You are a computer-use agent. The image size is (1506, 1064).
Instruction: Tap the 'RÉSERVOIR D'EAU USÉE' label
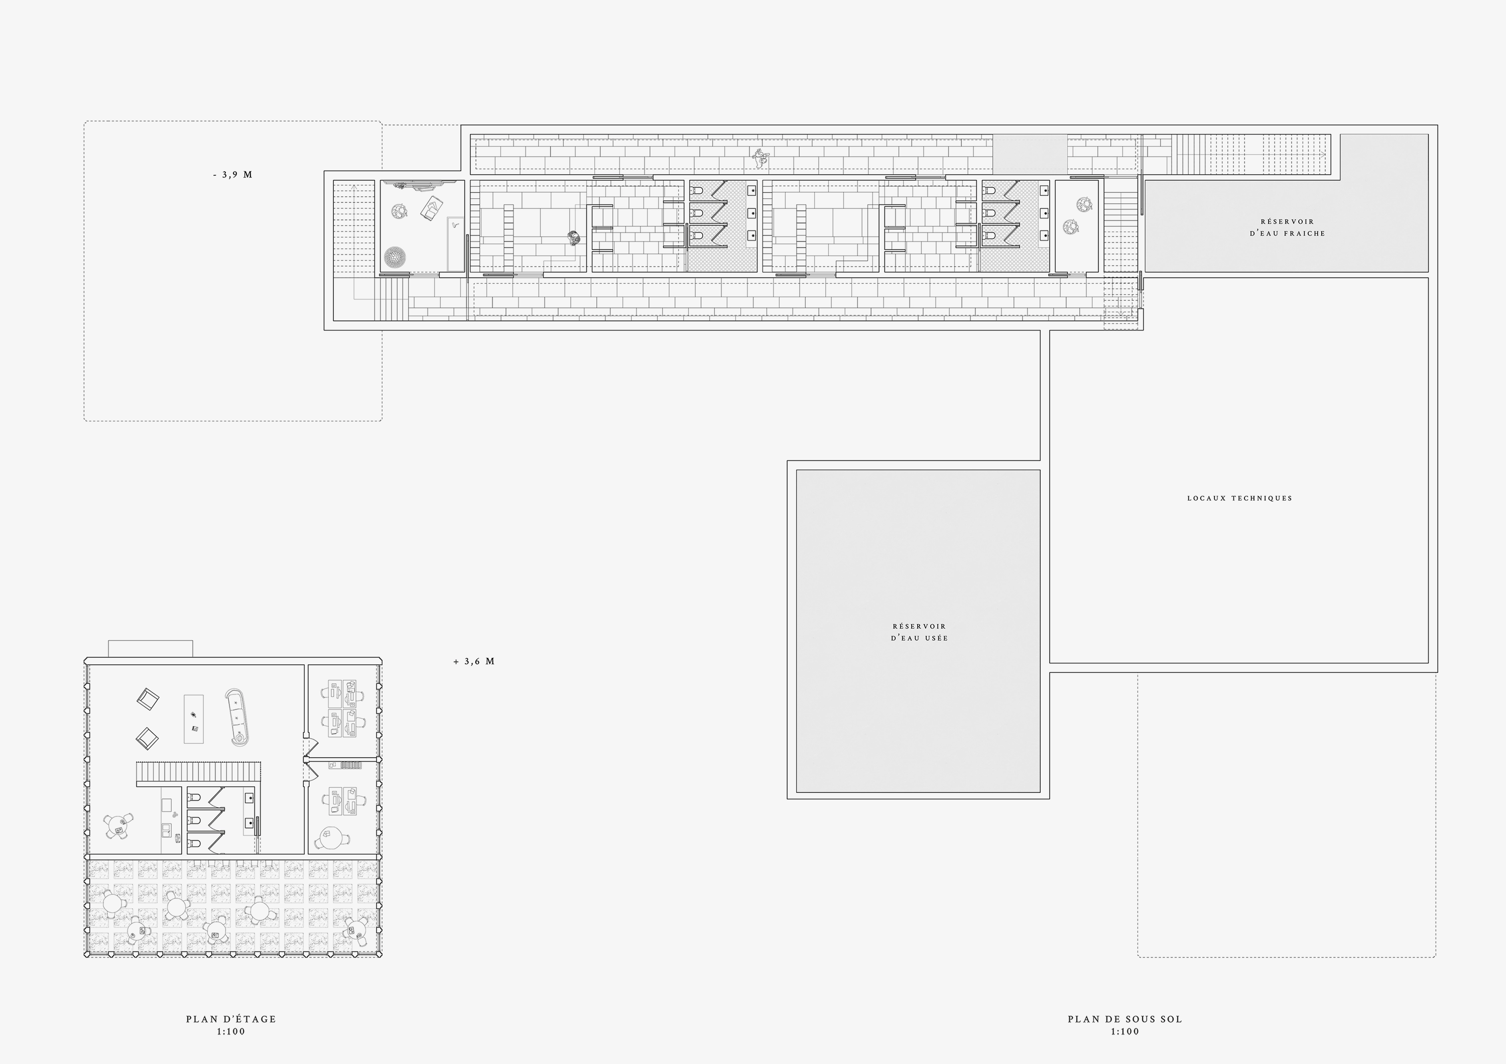click(919, 632)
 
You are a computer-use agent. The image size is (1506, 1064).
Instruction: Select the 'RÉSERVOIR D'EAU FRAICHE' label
click(1287, 227)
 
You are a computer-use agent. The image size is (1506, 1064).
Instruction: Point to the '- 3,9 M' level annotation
click(233, 175)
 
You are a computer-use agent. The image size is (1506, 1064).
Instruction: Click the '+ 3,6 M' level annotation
click(473, 661)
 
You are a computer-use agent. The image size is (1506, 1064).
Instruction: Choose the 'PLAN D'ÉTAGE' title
click(231, 1019)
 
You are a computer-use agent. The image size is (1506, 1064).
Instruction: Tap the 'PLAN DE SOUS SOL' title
click(1125, 1019)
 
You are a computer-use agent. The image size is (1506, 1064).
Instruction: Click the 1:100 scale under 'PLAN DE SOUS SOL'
click(1125, 1031)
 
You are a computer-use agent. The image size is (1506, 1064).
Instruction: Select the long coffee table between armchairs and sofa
click(193, 719)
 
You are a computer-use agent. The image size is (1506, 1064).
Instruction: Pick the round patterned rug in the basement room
click(395, 257)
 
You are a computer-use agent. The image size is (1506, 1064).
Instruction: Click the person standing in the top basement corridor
click(761, 157)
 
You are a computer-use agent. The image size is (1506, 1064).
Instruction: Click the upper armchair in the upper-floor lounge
click(148, 698)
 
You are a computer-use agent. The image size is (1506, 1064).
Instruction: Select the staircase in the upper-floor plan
click(199, 773)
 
